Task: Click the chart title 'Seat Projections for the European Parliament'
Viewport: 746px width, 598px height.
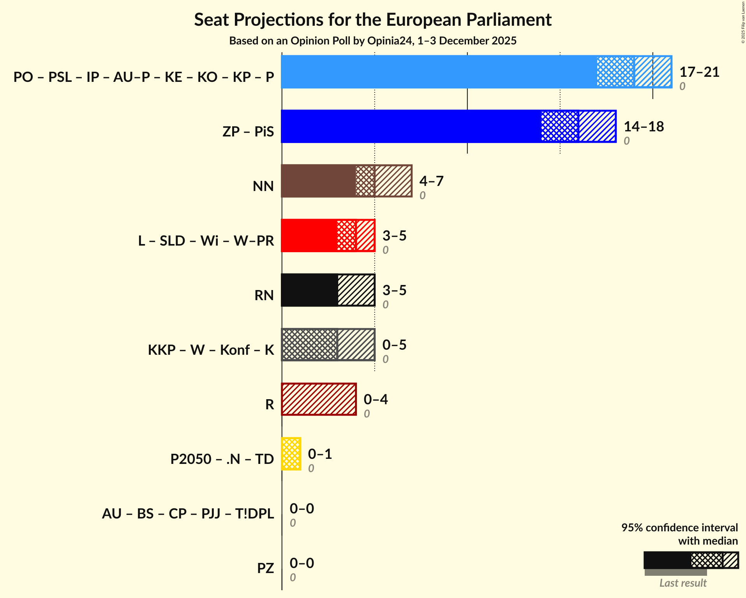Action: (373, 19)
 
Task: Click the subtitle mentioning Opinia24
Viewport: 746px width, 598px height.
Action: (373, 41)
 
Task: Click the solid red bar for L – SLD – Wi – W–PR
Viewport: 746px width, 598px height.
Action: (309, 235)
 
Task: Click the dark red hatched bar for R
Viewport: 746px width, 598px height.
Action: (319, 399)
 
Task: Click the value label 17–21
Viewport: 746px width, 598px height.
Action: (699, 72)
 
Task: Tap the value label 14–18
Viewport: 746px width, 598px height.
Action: (644, 127)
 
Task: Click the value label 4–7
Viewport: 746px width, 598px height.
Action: (431, 181)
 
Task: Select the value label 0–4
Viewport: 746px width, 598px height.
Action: (376, 400)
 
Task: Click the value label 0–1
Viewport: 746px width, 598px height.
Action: (320, 454)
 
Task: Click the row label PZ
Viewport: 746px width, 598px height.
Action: (265, 568)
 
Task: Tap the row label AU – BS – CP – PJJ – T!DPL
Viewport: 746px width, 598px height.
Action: (188, 513)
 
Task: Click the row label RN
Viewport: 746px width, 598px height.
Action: (264, 295)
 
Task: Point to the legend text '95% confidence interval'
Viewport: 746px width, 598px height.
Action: (679, 527)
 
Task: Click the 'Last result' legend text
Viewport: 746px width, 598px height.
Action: (683, 583)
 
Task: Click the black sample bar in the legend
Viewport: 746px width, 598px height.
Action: (667, 560)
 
